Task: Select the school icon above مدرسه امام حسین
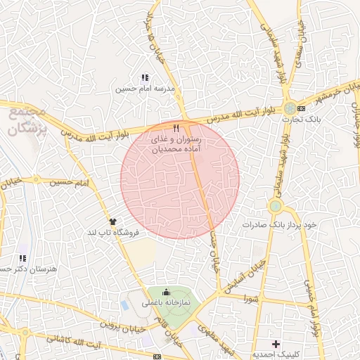144,78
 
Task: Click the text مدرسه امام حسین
144,89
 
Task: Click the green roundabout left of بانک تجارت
289,108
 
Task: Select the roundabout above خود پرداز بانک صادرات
275,206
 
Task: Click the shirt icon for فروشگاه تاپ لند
112,221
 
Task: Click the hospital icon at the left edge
22,258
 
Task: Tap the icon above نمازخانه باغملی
166,292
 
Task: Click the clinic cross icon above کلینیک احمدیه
276,345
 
